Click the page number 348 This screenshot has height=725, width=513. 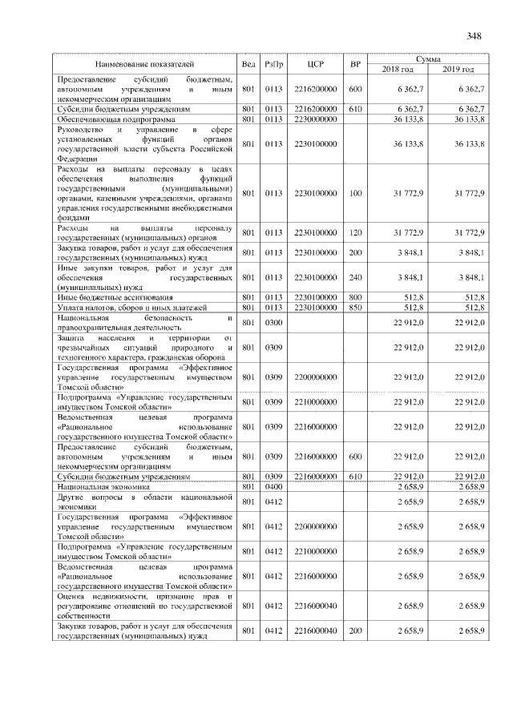tap(473, 36)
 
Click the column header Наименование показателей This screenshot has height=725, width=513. tap(144, 63)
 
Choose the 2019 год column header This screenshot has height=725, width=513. tap(458, 69)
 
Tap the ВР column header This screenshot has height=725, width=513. tap(356, 63)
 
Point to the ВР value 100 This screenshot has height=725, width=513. tap(356, 193)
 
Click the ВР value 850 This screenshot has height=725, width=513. tap(356, 307)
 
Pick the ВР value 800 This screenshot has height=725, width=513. tap(356, 297)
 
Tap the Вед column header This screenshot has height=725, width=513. tap(248, 63)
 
